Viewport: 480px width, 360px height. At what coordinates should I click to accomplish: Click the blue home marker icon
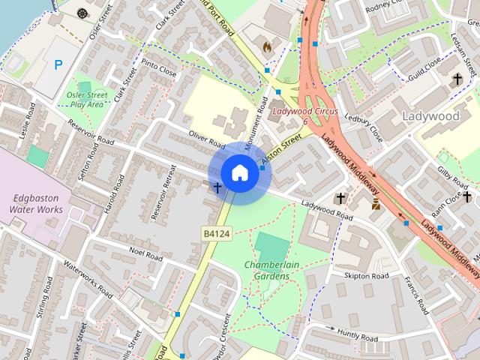[239, 172]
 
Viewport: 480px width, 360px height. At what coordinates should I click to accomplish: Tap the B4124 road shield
[215, 235]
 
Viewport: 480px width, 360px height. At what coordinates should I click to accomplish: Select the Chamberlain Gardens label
[266, 271]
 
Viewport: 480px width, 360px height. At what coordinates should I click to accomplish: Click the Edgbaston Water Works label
[37, 204]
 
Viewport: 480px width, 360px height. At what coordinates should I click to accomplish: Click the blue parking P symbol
[58, 65]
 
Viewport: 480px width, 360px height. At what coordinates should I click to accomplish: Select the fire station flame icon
[267, 46]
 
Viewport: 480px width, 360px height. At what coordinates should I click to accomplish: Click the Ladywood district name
[430, 117]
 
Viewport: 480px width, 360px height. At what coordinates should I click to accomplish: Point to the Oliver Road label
[207, 139]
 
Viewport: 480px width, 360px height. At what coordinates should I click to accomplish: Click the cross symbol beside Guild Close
[457, 79]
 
